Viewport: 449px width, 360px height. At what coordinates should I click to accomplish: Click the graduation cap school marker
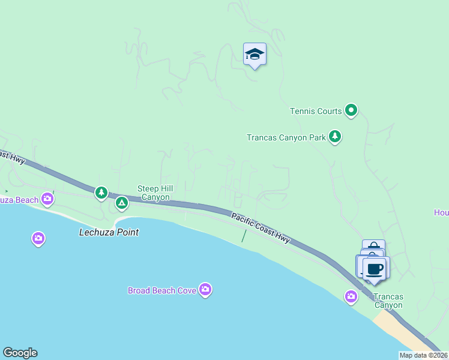coord(255,55)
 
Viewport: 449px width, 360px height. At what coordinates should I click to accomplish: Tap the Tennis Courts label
coord(316,111)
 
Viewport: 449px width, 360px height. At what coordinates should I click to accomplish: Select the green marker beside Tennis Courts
coord(351,110)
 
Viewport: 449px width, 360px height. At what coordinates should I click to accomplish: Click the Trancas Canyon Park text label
coord(286,137)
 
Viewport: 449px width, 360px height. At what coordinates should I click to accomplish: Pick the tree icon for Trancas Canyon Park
coord(335,137)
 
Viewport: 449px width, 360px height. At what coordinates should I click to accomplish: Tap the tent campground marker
coord(122,203)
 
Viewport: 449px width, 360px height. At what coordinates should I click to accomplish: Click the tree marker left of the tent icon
coord(101,193)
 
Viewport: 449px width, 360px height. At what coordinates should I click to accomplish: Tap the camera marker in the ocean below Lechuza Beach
coord(38,239)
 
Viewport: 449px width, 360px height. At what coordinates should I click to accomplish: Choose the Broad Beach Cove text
coord(162,290)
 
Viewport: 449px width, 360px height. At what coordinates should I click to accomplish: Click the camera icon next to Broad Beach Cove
coord(205,290)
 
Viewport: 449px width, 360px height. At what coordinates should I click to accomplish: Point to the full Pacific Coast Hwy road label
coord(261,227)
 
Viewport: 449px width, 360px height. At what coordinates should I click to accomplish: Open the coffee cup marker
coord(375,268)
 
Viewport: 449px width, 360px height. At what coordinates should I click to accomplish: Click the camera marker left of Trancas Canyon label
coord(351,296)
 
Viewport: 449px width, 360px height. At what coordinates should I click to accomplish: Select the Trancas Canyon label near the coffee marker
coord(388,301)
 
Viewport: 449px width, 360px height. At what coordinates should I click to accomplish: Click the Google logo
coord(20,353)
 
